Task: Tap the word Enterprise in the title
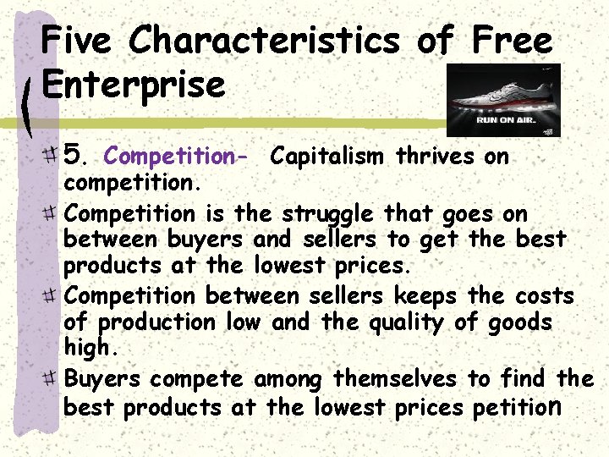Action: [x=133, y=84]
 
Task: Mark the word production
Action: [x=157, y=322]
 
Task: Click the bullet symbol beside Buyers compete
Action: [x=53, y=377]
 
